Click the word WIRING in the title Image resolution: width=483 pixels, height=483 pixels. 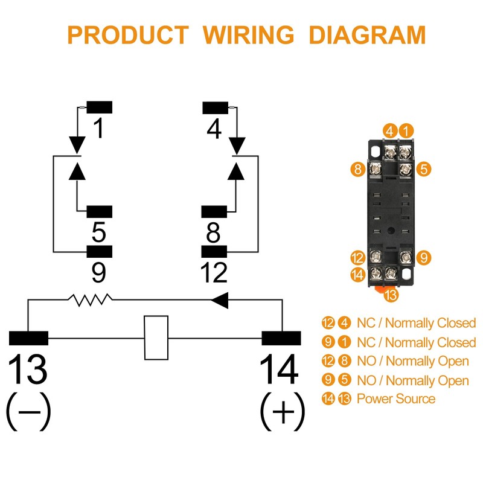pos(249,35)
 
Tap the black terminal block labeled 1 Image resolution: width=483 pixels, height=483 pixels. pos(99,107)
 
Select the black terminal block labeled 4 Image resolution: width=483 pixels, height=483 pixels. pos(216,108)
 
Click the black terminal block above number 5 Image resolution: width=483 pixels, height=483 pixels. pos(99,212)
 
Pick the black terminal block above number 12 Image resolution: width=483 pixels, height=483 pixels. pos(214,251)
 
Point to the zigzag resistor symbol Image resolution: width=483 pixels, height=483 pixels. pos(90,299)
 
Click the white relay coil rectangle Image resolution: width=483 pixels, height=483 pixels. pos(156,337)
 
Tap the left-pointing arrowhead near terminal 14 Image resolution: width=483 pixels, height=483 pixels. pos(220,299)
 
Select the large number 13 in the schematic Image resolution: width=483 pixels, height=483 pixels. pos(27,368)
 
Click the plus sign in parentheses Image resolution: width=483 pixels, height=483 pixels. pos(283,412)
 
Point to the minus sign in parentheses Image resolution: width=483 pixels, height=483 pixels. pos(29,412)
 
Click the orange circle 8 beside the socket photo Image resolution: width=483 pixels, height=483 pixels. pos(357,169)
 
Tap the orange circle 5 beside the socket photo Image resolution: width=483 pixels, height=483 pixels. pos(424,169)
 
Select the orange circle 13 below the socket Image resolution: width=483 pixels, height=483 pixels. pos(391,295)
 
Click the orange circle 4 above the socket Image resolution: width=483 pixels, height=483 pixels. pos(390,131)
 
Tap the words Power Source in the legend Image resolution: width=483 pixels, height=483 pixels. pos(396,398)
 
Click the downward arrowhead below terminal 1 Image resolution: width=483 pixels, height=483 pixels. pos(77,145)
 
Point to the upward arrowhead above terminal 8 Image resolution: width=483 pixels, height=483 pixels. pos(236,171)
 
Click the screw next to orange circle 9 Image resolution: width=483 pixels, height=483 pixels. pos(406,257)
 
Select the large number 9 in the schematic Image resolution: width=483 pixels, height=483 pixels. pos(99,272)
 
